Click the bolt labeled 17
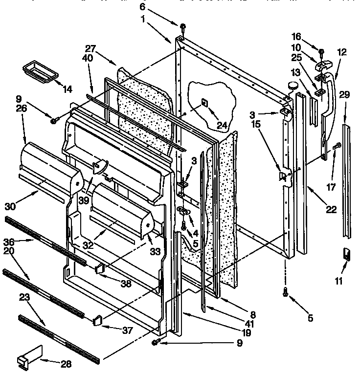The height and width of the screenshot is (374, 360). pyautogui.click(x=336, y=145)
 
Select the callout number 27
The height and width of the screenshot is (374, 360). pyautogui.click(x=90, y=48)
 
